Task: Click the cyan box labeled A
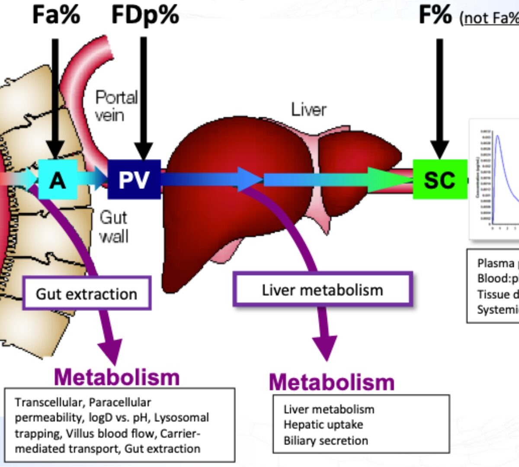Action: (58, 179)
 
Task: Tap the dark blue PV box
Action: (134, 179)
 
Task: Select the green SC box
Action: (439, 179)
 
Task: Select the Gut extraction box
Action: (86, 294)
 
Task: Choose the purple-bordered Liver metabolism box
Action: (323, 290)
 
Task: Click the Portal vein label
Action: (116, 106)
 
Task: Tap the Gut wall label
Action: (113, 227)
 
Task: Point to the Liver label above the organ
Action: (308, 109)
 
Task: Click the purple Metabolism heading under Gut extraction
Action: (117, 377)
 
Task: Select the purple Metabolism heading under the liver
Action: (332, 382)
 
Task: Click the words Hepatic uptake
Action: (323, 425)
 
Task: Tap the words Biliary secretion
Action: (326, 441)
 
